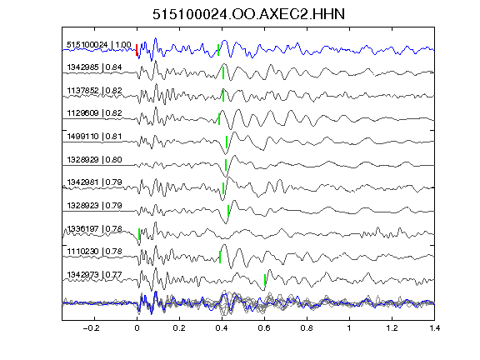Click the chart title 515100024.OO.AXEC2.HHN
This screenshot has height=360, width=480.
click(x=248, y=14)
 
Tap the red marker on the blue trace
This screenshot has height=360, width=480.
click(x=137, y=50)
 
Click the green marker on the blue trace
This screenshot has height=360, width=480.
click(x=218, y=50)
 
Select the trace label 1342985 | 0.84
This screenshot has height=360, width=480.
click(x=94, y=67)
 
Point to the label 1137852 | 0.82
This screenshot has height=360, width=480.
click(x=94, y=91)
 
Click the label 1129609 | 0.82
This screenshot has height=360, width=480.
click(x=94, y=113)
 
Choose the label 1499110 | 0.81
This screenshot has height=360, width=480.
click(x=94, y=137)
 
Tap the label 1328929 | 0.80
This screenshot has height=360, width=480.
click(x=94, y=160)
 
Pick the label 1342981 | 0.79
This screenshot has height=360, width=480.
click(x=94, y=182)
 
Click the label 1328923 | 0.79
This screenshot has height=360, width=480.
click(x=94, y=205)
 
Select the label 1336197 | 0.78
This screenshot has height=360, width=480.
click(x=94, y=228)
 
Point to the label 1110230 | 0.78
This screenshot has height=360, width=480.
click(x=94, y=252)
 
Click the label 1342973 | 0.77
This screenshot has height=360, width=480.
click(x=94, y=275)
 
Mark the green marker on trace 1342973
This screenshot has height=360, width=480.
click(x=265, y=280)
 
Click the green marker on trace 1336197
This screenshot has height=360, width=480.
click(x=139, y=234)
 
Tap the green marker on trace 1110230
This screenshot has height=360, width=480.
click(x=220, y=257)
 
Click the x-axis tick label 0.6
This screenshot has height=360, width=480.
click(x=264, y=328)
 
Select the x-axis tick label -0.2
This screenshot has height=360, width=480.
click(x=91, y=328)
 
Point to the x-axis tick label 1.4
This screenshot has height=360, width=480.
click(x=435, y=328)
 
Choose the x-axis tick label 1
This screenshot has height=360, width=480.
click(x=349, y=328)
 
